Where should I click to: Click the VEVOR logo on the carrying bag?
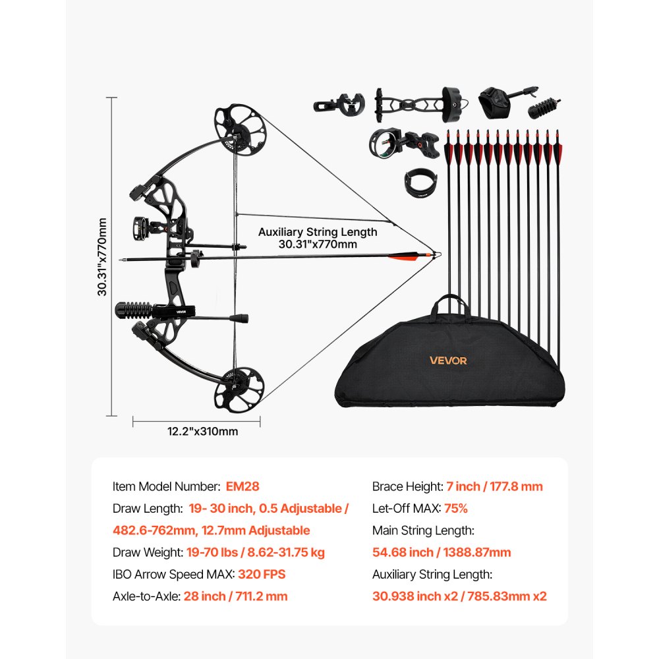click(448, 360)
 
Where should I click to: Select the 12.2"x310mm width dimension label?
click(193, 432)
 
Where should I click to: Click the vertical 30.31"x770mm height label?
click(103, 258)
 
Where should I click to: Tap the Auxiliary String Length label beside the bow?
click(318, 237)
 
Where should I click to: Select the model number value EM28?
click(243, 486)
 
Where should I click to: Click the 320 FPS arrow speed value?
click(262, 574)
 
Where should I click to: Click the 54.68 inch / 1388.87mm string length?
click(442, 552)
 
